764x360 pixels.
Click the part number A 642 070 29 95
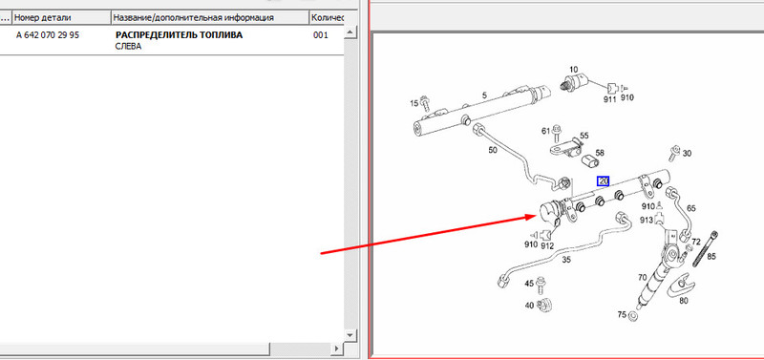[47, 35]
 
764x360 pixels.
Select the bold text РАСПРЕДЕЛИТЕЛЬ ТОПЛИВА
[179, 35]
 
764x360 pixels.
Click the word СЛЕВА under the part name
[128, 47]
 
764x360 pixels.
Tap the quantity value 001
[321, 35]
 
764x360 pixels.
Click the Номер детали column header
[42, 17]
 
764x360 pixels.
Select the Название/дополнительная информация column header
[193, 17]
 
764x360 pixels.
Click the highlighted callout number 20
[604, 181]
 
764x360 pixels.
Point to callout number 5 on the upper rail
[484, 95]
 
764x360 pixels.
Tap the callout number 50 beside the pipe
[493, 150]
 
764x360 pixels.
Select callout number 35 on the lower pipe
[566, 260]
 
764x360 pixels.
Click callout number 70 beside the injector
[643, 278]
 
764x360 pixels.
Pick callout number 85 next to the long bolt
[711, 255]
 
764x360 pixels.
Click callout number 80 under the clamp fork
[684, 301]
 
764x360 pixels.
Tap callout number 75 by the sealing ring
[622, 315]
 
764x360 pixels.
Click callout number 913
[647, 221]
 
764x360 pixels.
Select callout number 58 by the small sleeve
[600, 153]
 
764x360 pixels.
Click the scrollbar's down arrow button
[350, 334]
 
